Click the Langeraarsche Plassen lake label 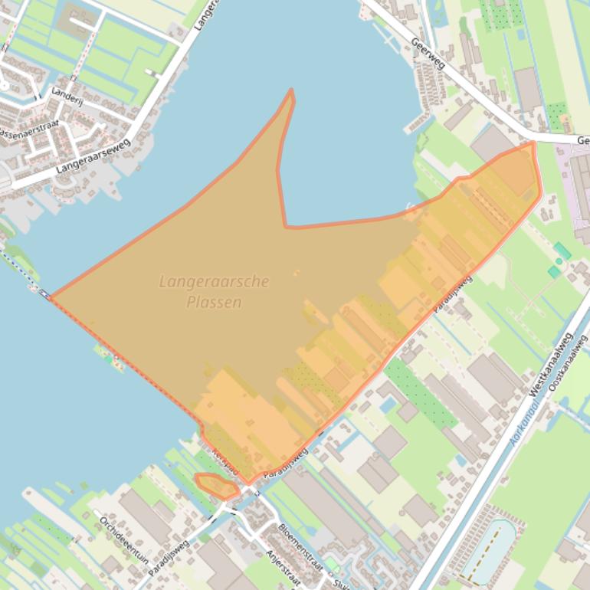coord(214,291)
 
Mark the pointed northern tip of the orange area coord(291,91)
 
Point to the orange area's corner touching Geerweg coord(533,143)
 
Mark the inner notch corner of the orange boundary coord(286,226)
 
